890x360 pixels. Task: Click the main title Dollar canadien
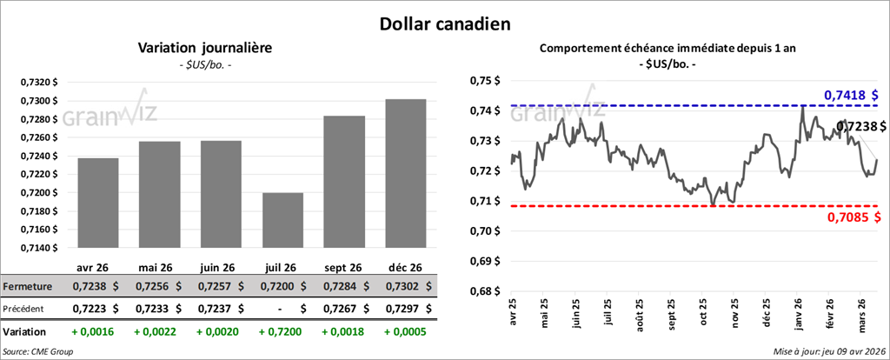click(445, 23)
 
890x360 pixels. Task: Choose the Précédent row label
click(26, 308)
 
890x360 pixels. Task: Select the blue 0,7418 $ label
click(850, 94)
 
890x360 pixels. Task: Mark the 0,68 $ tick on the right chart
click(485, 291)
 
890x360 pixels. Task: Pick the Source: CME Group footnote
click(38, 350)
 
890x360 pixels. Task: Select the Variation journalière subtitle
click(205, 49)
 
